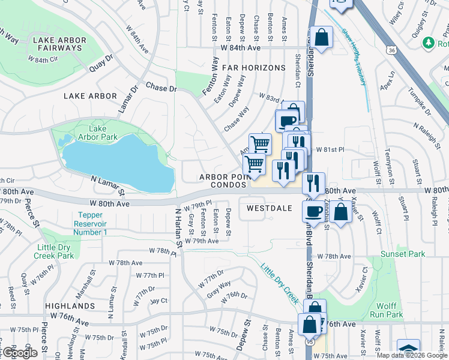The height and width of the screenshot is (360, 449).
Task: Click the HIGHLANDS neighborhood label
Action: [x=70, y=305]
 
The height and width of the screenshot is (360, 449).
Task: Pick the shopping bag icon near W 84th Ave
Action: [x=322, y=38]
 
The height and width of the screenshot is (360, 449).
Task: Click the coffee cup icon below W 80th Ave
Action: [x=313, y=211]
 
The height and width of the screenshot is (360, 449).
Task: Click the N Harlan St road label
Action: [x=178, y=228]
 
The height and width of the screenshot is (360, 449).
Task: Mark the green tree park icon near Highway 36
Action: [x=429, y=43]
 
